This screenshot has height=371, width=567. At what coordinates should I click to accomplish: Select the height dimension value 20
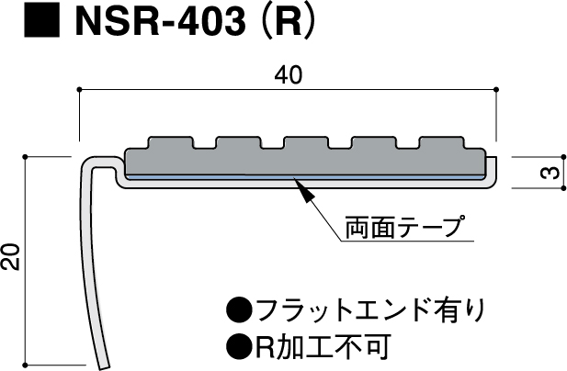tap(12, 258)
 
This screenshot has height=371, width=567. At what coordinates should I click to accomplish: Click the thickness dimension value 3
tap(546, 173)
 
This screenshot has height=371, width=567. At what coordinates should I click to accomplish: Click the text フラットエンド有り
tap(367, 309)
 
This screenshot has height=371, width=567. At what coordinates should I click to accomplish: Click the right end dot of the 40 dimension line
tap(496, 89)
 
